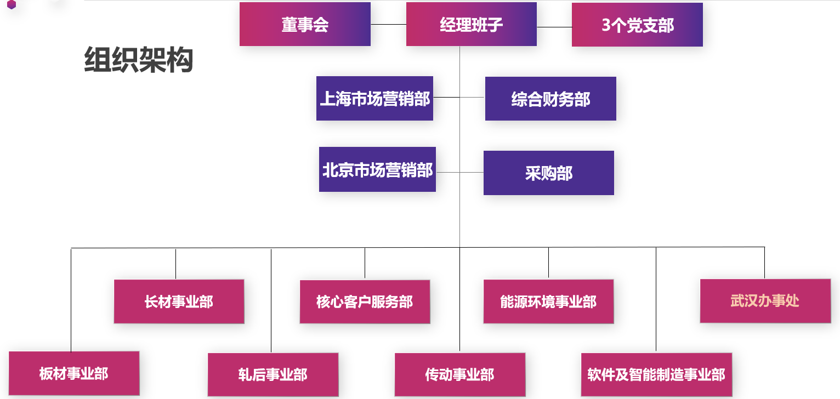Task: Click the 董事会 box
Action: (305, 25)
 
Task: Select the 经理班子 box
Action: (471, 25)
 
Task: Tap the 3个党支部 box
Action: (637, 25)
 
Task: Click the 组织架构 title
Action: (139, 60)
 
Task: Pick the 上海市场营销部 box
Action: (374, 99)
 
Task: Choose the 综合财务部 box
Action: (550, 99)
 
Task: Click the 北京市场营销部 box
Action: (377, 170)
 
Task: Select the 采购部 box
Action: (548, 173)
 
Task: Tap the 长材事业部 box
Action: (179, 301)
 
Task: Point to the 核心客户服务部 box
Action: (365, 301)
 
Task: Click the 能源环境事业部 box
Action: (548, 301)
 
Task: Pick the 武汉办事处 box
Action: (765, 301)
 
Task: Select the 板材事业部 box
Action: (74, 374)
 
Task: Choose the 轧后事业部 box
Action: (273, 374)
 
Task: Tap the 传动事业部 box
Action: (459, 374)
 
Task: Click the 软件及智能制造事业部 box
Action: (656, 374)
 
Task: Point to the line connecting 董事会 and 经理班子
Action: (388, 25)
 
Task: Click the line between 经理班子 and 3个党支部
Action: (554, 27)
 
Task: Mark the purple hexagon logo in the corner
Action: (12, 5)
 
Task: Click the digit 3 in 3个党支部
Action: (606, 25)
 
